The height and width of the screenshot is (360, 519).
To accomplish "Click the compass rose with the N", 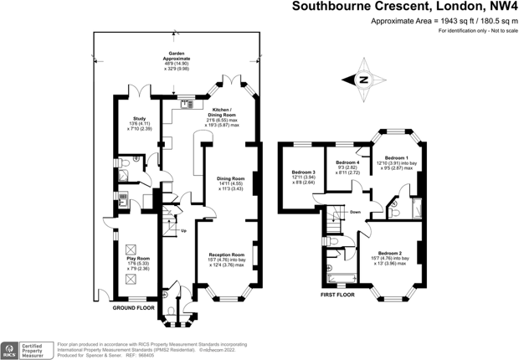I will [x=363, y=80].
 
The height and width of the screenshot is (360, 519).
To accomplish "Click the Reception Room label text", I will [x=226, y=255].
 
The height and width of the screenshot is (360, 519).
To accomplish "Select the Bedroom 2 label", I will [x=389, y=253].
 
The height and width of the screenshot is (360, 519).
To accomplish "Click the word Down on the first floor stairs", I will [x=356, y=212].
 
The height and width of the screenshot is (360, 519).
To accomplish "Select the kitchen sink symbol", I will [x=186, y=104].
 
